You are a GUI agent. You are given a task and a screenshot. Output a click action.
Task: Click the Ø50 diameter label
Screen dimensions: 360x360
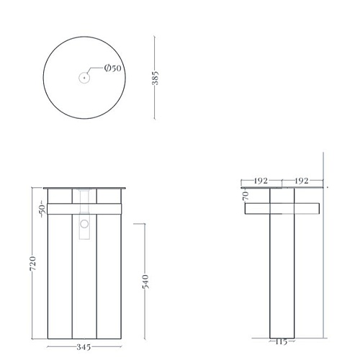[113, 68]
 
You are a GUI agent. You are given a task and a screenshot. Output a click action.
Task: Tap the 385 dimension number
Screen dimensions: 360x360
[156, 78]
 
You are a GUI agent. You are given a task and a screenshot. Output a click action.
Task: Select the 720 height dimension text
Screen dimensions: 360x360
[33, 264]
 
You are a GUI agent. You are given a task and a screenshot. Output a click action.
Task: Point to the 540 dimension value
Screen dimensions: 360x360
[145, 282]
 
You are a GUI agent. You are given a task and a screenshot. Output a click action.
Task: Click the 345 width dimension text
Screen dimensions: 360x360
[84, 347]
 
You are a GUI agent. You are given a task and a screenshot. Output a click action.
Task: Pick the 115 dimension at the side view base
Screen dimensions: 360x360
[282, 341]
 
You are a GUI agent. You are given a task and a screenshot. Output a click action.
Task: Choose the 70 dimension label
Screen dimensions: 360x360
[246, 196]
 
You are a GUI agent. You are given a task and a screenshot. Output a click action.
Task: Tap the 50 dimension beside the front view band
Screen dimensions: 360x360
[42, 210]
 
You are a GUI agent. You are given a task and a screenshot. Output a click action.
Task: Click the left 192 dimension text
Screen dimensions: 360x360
[261, 181]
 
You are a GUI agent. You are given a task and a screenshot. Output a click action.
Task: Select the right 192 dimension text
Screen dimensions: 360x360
[302, 181]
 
